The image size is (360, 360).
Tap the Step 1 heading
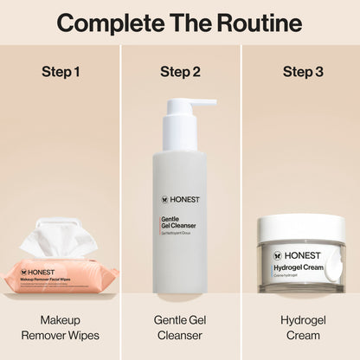tap(61, 71)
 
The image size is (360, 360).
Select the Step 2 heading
tap(180, 71)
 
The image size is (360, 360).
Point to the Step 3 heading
tap(302, 71)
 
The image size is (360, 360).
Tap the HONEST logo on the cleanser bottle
tap(180, 200)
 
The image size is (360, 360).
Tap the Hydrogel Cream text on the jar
tap(297, 269)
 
